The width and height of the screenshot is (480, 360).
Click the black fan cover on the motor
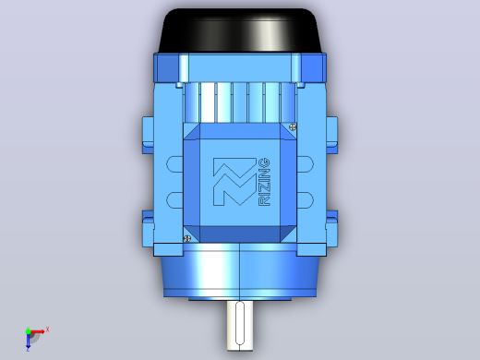240,30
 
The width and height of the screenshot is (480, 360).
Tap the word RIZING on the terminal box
265,182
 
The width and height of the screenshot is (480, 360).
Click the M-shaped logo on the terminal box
234,182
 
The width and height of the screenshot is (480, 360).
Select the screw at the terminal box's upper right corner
293,126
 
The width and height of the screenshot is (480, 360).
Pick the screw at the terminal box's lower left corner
186,238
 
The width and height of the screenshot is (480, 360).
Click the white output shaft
240,326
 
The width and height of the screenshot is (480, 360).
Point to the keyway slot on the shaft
240,323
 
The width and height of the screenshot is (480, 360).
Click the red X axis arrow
37,331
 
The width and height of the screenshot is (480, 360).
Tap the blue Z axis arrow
28,341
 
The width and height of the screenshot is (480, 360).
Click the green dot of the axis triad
28,331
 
